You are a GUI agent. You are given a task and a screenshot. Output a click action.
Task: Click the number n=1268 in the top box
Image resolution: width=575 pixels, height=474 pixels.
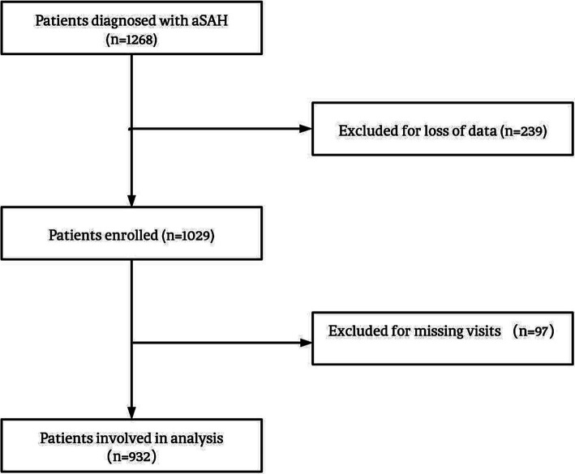[x=131, y=40]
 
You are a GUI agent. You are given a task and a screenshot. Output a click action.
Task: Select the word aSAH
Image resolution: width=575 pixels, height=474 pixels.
[x=210, y=20]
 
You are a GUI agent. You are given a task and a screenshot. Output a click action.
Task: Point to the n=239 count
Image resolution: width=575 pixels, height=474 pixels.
[x=523, y=130]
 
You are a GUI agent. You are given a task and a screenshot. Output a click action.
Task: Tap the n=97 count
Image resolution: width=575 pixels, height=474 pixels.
[x=534, y=331]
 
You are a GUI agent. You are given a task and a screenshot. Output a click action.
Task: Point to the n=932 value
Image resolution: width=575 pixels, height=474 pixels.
[x=131, y=457]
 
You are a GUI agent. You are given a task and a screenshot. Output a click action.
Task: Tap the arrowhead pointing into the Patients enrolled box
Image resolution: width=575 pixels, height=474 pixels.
[x=131, y=201]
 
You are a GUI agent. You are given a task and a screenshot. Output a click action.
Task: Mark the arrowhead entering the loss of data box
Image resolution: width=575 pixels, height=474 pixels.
[x=306, y=129]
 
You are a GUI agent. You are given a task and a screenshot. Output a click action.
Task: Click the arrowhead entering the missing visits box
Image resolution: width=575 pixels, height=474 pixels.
[x=306, y=343]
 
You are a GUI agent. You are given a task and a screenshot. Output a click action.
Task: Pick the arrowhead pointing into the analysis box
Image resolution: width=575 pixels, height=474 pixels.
[x=131, y=413]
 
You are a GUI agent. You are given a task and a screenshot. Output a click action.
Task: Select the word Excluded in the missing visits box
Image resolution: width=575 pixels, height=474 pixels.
[x=352, y=331]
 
